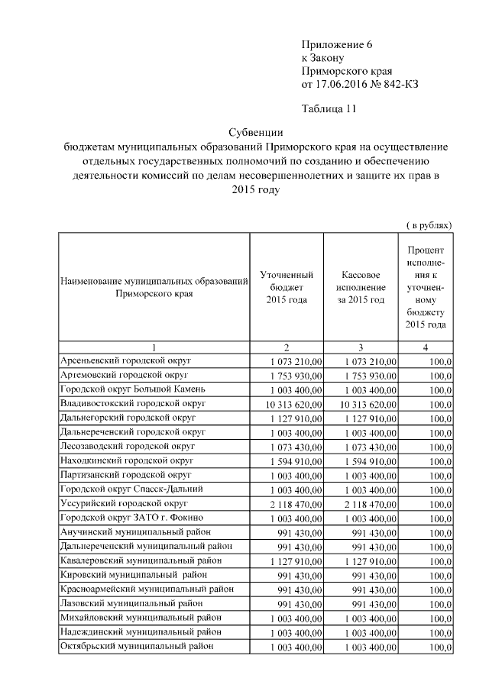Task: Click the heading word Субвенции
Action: click(256, 132)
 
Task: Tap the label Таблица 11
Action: click(329, 108)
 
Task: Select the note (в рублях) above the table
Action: click(429, 225)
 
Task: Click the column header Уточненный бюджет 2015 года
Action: click(287, 287)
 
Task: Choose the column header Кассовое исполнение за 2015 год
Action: click(361, 287)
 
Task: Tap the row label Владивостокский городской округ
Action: click(131, 403)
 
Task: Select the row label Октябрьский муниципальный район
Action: click(136, 646)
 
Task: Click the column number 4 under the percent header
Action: click(426, 347)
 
